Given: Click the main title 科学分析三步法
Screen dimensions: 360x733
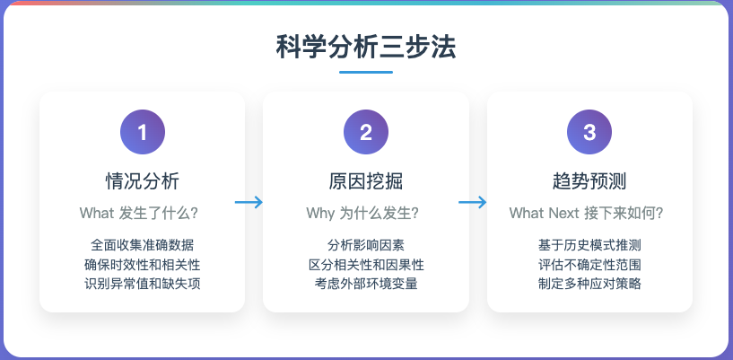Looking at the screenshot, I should (366, 47).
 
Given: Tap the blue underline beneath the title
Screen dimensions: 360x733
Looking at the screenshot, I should (366, 73).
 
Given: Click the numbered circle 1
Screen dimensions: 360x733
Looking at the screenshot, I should (142, 133).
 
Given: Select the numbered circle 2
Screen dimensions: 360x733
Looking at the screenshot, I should (366, 133).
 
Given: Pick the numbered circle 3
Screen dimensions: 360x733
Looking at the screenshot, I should (589, 133).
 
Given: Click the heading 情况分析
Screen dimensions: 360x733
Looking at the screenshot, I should (142, 181).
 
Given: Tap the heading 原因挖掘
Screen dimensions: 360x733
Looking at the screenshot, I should (366, 181).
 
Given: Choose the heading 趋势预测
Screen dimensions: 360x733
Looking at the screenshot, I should (589, 181).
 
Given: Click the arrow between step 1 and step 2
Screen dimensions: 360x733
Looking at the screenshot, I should (249, 202).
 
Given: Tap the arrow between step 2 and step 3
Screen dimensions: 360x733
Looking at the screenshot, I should (473, 202).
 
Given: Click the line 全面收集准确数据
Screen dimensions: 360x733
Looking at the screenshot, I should (142, 244).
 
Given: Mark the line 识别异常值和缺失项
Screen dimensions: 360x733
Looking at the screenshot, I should (142, 284).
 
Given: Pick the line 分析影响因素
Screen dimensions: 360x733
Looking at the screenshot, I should (366, 244).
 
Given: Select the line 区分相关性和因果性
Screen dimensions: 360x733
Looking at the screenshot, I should (366, 264).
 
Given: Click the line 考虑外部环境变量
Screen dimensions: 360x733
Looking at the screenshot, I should (366, 284).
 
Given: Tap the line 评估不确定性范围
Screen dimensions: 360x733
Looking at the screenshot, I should (589, 264).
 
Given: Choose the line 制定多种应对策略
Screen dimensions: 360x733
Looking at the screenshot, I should (589, 284).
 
